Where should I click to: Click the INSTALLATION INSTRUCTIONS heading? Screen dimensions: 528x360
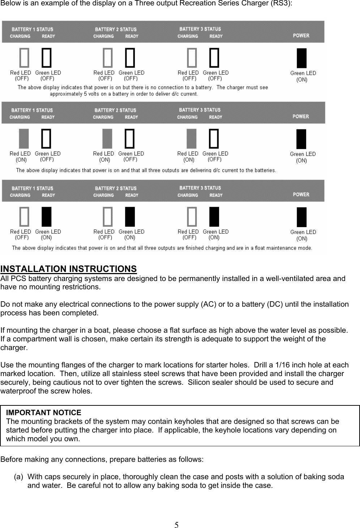[x=69, y=269]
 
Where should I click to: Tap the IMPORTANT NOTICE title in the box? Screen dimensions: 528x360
[x=44, y=413]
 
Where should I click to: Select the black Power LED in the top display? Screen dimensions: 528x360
[x=301, y=58]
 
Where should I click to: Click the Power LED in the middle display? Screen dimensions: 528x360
[x=301, y=139]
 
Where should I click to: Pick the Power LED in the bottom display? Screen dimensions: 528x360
[x=301, y=217]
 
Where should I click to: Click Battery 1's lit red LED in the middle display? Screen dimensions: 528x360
[x=24, y=139]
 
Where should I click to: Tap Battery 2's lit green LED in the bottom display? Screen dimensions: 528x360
[x=130, y=217]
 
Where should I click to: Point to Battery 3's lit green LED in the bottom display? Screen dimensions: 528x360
[x=214, y=217]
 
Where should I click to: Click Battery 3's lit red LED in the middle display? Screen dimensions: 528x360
[x=192, y=139]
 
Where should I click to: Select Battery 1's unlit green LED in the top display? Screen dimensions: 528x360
[x=47, y=58]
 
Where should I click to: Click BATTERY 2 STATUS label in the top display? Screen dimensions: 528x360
[x=116, y=29]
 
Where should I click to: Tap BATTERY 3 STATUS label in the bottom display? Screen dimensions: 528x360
[x=200, y=188]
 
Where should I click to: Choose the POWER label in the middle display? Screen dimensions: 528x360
[x=301, y=116]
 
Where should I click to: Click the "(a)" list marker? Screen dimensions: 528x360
[x=19, y=477]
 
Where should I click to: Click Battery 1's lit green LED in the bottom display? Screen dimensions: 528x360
[x=46, y=217]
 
